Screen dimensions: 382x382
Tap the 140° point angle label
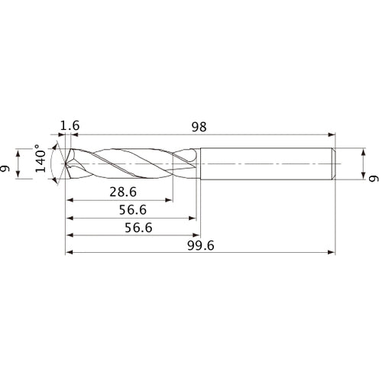(x=39, y=162)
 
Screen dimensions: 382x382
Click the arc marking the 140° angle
(x=50, y=163)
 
